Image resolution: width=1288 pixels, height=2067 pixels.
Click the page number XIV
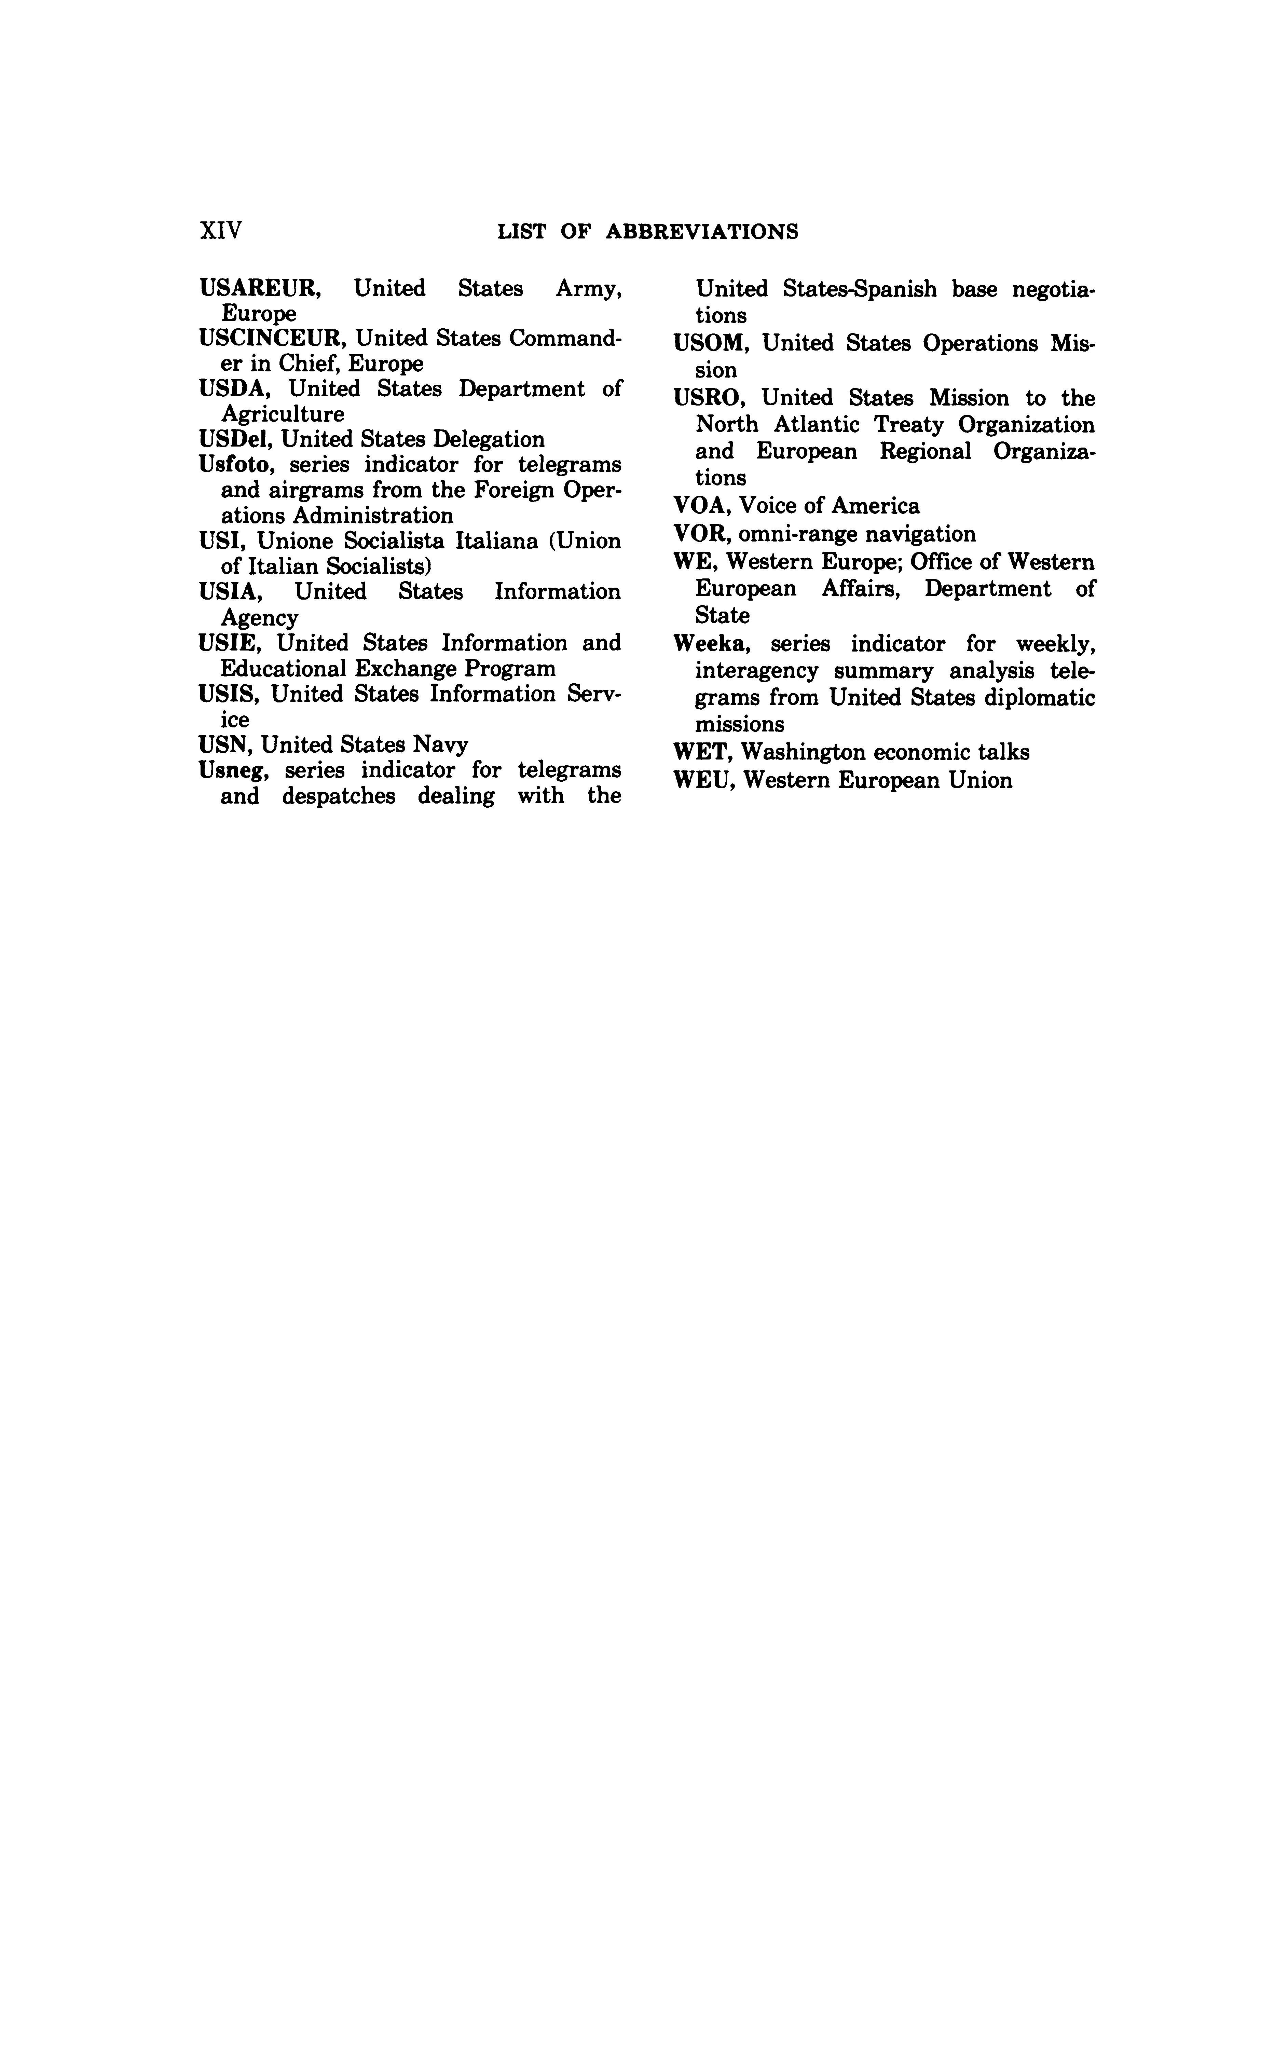tap(221, 231)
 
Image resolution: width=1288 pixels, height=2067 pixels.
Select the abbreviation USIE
tap(230, 643)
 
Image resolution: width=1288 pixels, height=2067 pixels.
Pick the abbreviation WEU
tap(703, 781)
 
